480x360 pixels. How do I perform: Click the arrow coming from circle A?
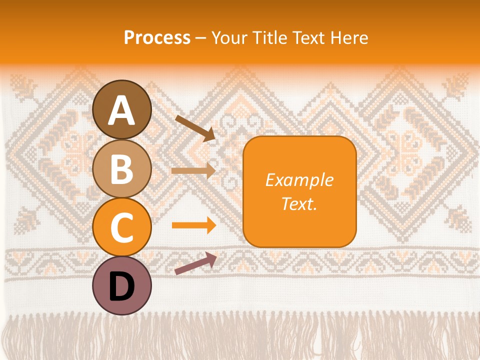195,128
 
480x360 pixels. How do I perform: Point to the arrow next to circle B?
193,170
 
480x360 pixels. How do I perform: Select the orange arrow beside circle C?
193,225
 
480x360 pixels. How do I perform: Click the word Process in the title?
157,38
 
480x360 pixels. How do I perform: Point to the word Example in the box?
299,180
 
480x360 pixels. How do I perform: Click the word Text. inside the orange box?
299,203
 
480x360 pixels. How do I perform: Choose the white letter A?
121,111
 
